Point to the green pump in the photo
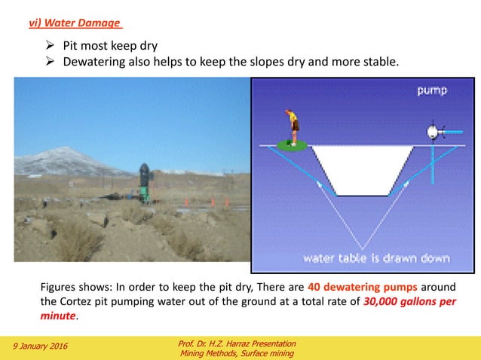click(x=144, y=181)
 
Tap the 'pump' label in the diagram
click(x=433, y=90)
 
